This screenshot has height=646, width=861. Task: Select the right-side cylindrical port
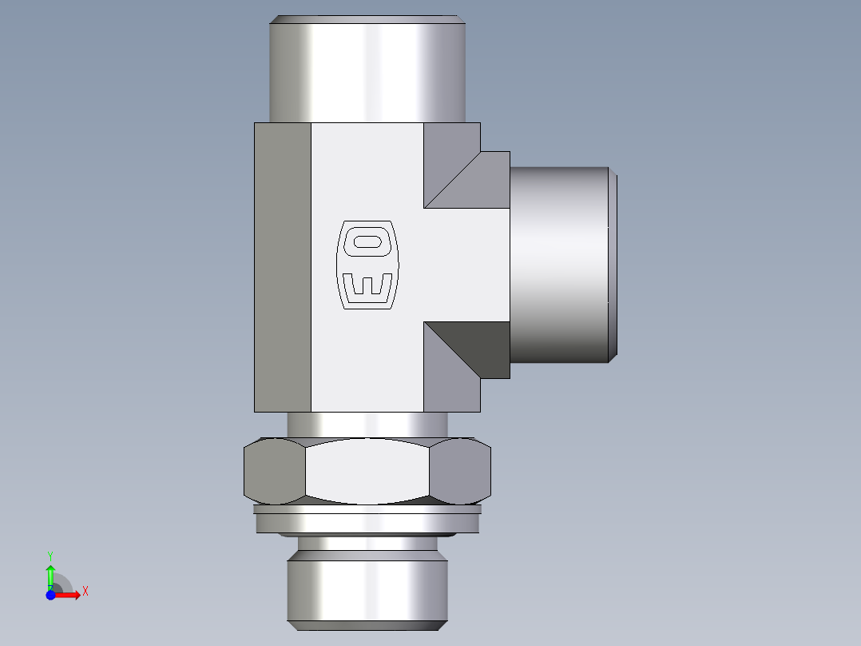[x=559, y=264]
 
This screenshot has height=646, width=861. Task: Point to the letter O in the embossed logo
[x=368, y=242]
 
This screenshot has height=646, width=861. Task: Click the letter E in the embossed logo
[x=368, y=285]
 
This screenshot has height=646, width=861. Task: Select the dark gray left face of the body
[x=283, y=268]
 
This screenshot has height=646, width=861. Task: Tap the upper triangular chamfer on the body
[x=463, y=172]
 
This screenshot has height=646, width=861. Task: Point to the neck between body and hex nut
[x=367, y=425]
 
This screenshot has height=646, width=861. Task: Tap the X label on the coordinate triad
[x=85, y=592]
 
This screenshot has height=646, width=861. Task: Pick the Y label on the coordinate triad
[x=50, y=555]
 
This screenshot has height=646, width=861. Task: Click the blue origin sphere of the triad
[x=50, y=595]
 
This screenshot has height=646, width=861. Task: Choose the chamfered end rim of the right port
[x=613, y=264]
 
